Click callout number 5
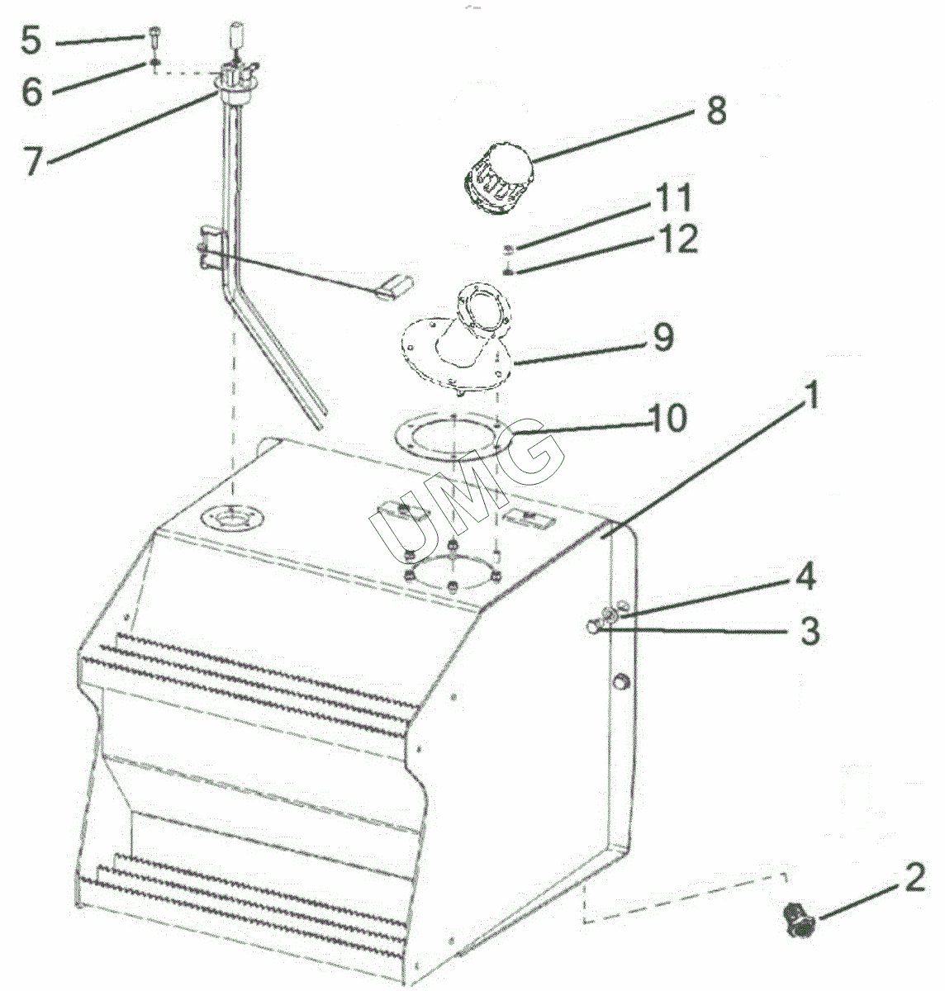pyautogui.click(x=31, y=40)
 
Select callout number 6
pyautogui.click(x=31, y=92)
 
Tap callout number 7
pyautogui.click(x=34, y=161)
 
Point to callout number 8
pyautogui.click(x=716, y=111)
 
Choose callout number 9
pyautogui.click(x=663, y=337)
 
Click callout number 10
pyautogui.click(x=668, y=417)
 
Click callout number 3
pyautogui.click(x=810, y=631)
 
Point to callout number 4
pyautogui.click(x=806, y=576)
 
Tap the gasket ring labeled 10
pyautogui.click(x=453, y=436)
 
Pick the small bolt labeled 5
pyautogui.click(x=154, y=36)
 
